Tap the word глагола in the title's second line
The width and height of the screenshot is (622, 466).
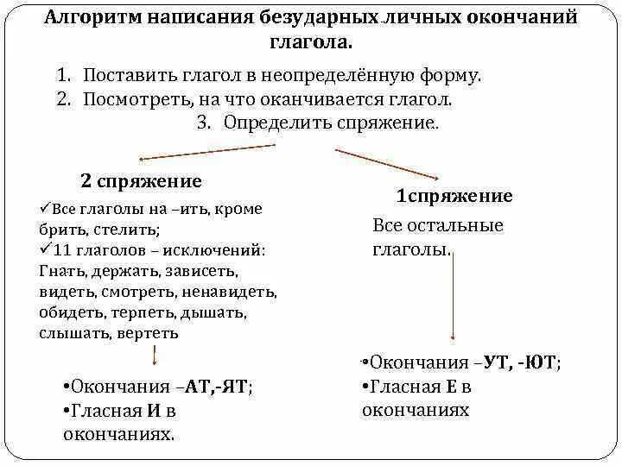pos(310,41)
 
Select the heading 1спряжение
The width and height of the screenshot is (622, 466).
pos(454,196)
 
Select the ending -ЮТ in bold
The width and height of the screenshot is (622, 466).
pos(538,363)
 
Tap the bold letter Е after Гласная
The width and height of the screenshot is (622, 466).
pos(444,387)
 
